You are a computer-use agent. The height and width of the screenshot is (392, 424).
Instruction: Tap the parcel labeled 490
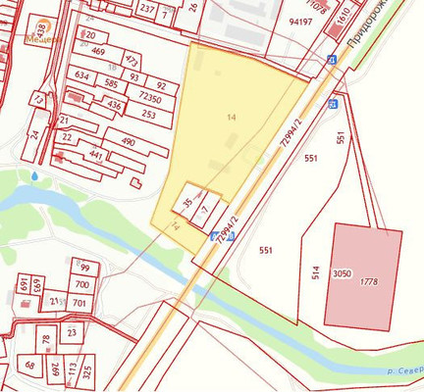(128, 142)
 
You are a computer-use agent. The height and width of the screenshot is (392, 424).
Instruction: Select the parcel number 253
(148, 115)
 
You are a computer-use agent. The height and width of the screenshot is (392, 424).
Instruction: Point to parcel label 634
(81, 75)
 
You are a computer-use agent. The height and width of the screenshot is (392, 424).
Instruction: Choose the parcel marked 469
(98, 52)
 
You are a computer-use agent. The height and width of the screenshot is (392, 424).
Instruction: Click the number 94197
(300, 21)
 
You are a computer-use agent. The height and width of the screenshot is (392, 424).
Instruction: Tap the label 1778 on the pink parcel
(369, 282)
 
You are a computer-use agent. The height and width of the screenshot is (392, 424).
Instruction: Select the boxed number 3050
(342, 273)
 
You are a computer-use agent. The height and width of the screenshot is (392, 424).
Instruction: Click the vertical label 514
(316, 272)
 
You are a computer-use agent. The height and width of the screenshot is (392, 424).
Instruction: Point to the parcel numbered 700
(81, 285)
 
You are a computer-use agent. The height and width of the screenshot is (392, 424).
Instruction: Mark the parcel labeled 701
(79, 303)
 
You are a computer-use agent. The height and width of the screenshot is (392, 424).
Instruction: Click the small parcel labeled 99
(85, 268)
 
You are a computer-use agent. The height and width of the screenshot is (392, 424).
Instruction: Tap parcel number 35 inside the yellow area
(187, 203)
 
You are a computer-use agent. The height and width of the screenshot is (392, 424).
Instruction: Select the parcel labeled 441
(95, 155)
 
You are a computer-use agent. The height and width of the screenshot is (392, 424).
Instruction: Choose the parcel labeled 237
(147, 9)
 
